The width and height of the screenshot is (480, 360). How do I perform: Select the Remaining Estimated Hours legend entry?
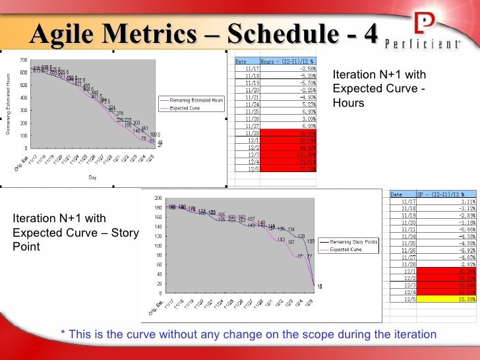pyautogui.click(x=196, y=100)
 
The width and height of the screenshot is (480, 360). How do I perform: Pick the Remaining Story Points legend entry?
pyautogui.click(x=354, y=243)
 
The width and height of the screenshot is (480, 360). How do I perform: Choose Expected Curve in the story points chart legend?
pyautogui.click(x=345, y=250)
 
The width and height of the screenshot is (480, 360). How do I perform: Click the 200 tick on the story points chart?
pyautogui.click(x=158, y=198)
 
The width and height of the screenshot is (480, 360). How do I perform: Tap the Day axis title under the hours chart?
pyautogui.click(x=93, y=177)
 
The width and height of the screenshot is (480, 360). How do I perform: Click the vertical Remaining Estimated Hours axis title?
pyautogui.click(x=9, y=104)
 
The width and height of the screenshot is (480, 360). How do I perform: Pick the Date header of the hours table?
pyautogui.click(x=241, y=61)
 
